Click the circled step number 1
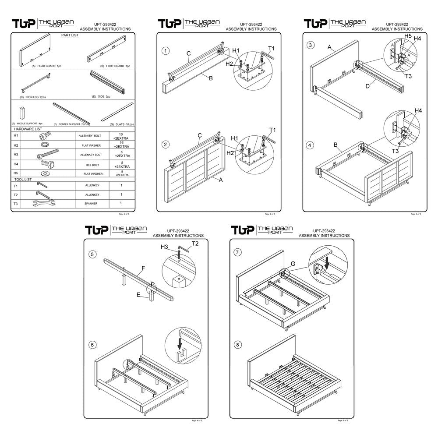pyautogui.click(x=166, y=51)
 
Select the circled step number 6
pyautogui.click(x=92, y=345)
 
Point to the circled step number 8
pyautogui.click(x=238, y=345)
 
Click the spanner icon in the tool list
pyautogui.click(x=43, y=203)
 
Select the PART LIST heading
pyautogui.click(x=70, y=35)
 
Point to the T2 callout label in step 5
pyautogui.click(x=195, y=243)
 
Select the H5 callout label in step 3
pyautogui.click(x=407, y=35)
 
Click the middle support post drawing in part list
pyautogui.click(x=21, y=113)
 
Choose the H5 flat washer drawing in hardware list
pyautogui.click(x=43, y=174)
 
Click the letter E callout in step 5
pyautogui.click(x=138, y=295)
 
